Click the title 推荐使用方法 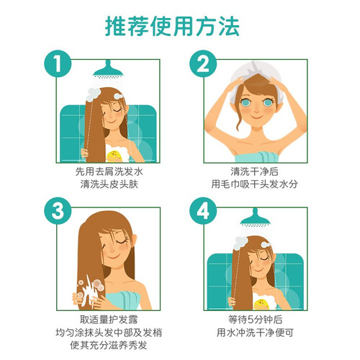(172, 26)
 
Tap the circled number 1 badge (58, 63)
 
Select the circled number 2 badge (203, 63)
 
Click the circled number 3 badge (58, 211)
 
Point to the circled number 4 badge (203, 211)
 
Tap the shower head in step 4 (256, 217)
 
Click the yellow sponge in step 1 (114, 156)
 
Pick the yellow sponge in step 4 (261, 305)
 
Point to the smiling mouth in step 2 (256, 117)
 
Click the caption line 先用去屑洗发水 (109, 171)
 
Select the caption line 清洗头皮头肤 (109, 184)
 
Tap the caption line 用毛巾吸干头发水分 (255, 184)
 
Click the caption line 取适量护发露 (109, 320)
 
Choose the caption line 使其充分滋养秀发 (109, 345)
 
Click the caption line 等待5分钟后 (255, 320)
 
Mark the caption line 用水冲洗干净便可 (255, 333)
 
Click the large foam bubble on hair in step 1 (92, 94)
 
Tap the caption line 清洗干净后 (255, 171)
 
